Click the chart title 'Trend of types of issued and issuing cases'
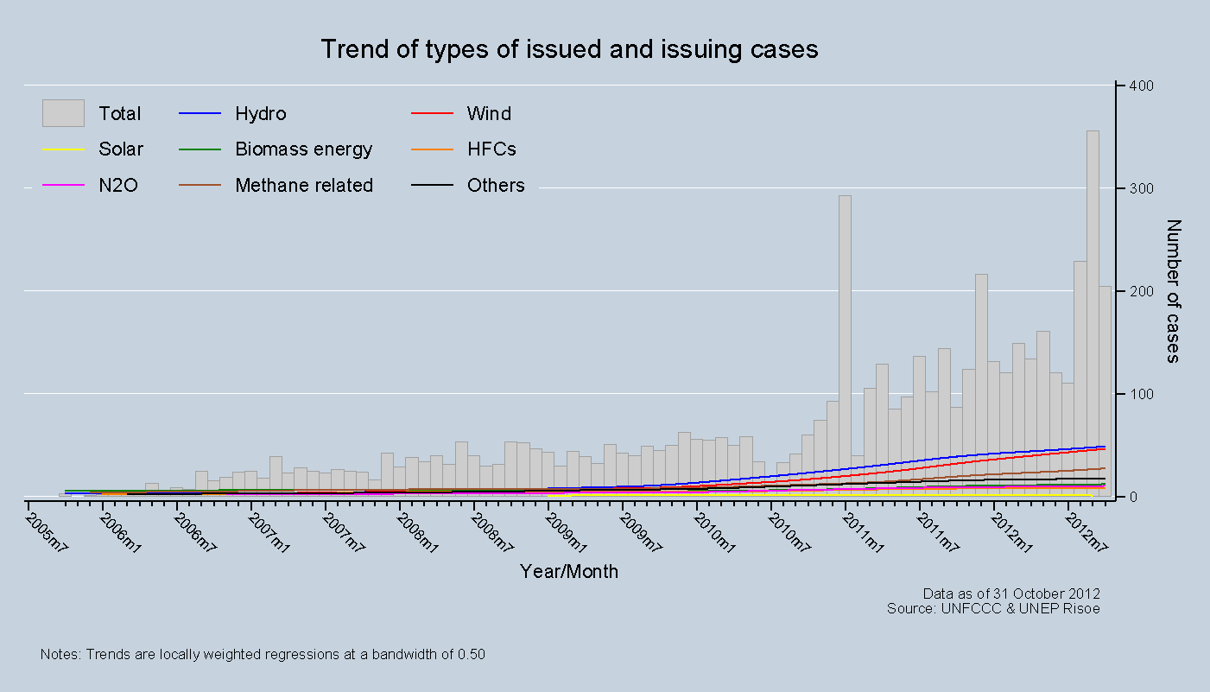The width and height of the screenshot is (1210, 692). (x=569, y=49)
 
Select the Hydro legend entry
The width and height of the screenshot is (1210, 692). (x=260, y=114)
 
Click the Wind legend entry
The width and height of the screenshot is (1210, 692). (x=489, y=114)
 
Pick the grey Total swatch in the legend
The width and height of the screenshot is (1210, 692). (x=63, y=113)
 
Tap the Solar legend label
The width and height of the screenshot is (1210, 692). (x=121, y=149)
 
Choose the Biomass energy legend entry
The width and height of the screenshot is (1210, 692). (x=303, y=149)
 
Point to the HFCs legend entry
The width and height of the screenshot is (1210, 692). (x=491, y=149)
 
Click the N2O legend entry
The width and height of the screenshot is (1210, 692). (x=118, y=186)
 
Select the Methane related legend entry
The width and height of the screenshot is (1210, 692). (x=304, y=186)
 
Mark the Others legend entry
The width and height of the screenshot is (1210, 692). (x=496, y=186)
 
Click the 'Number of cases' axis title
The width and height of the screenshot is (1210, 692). (x=1173, y=291)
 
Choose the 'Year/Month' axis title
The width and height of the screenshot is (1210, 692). (x=569, y=572)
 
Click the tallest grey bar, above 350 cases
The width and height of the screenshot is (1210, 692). (x=1093, y=311)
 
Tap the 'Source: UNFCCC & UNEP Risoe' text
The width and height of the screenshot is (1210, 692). (x=993, y=608)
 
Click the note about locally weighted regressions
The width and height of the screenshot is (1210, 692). (x=263, y=654)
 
